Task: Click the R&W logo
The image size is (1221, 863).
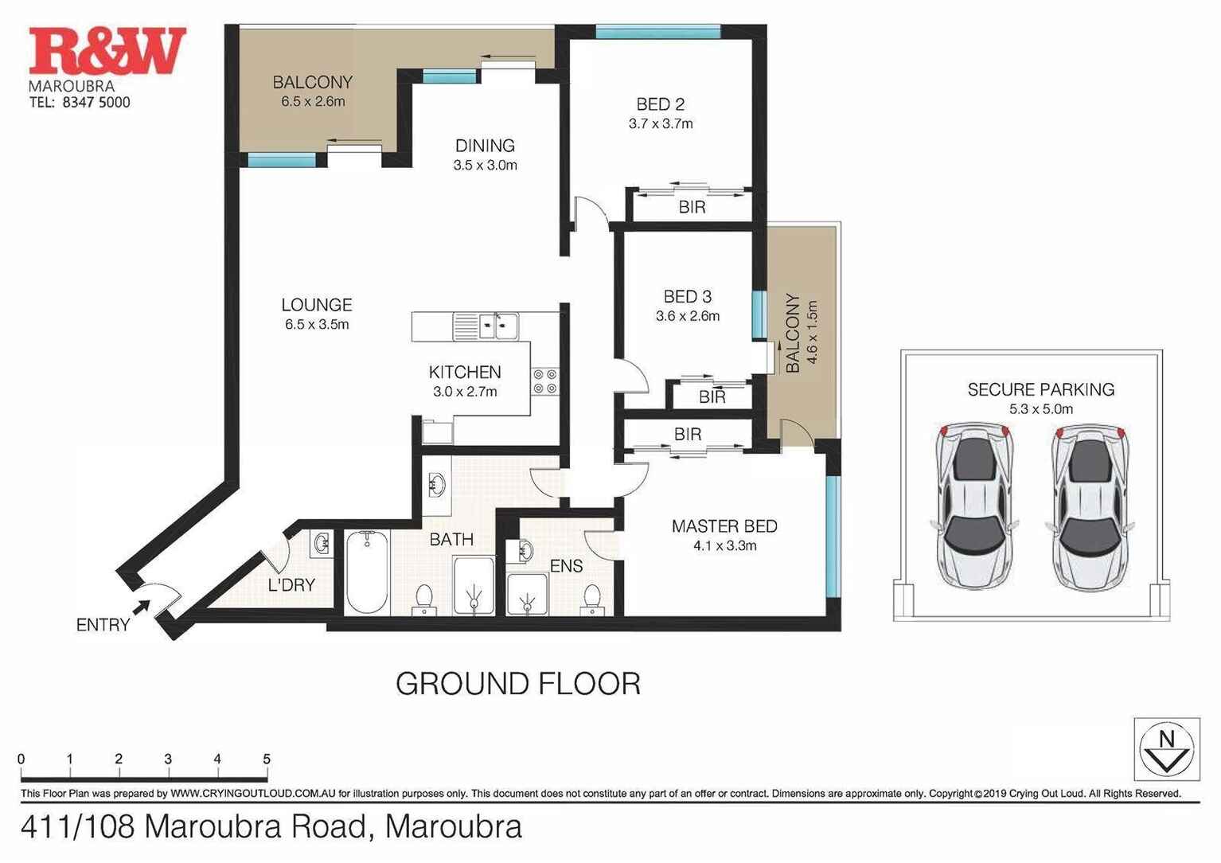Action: (107, 51)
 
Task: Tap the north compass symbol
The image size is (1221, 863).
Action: (1166, 749)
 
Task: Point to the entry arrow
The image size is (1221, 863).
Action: (140, 608)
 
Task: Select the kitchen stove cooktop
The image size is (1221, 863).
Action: (545, 381)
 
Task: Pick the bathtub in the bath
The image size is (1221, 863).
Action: (367, 572)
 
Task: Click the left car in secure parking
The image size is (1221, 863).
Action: (973, 506)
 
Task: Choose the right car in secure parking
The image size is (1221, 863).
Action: (1090, 506)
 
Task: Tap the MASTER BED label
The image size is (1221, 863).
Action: (724, 526)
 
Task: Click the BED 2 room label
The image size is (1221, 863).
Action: (661, 104)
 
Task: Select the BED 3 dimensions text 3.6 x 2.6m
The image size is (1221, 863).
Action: (688, 316)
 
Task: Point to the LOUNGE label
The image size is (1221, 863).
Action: (317, 305)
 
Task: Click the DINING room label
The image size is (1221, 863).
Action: (485, 146)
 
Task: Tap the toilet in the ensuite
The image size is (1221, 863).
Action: (591, 598)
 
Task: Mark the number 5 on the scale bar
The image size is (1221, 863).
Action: (267, 759)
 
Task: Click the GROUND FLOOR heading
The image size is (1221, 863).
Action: (518, 684)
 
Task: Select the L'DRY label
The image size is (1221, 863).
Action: (291, 585)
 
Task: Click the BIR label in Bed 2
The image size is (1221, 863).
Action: (692, 207)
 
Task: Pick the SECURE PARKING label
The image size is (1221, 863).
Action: (1040, 390)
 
